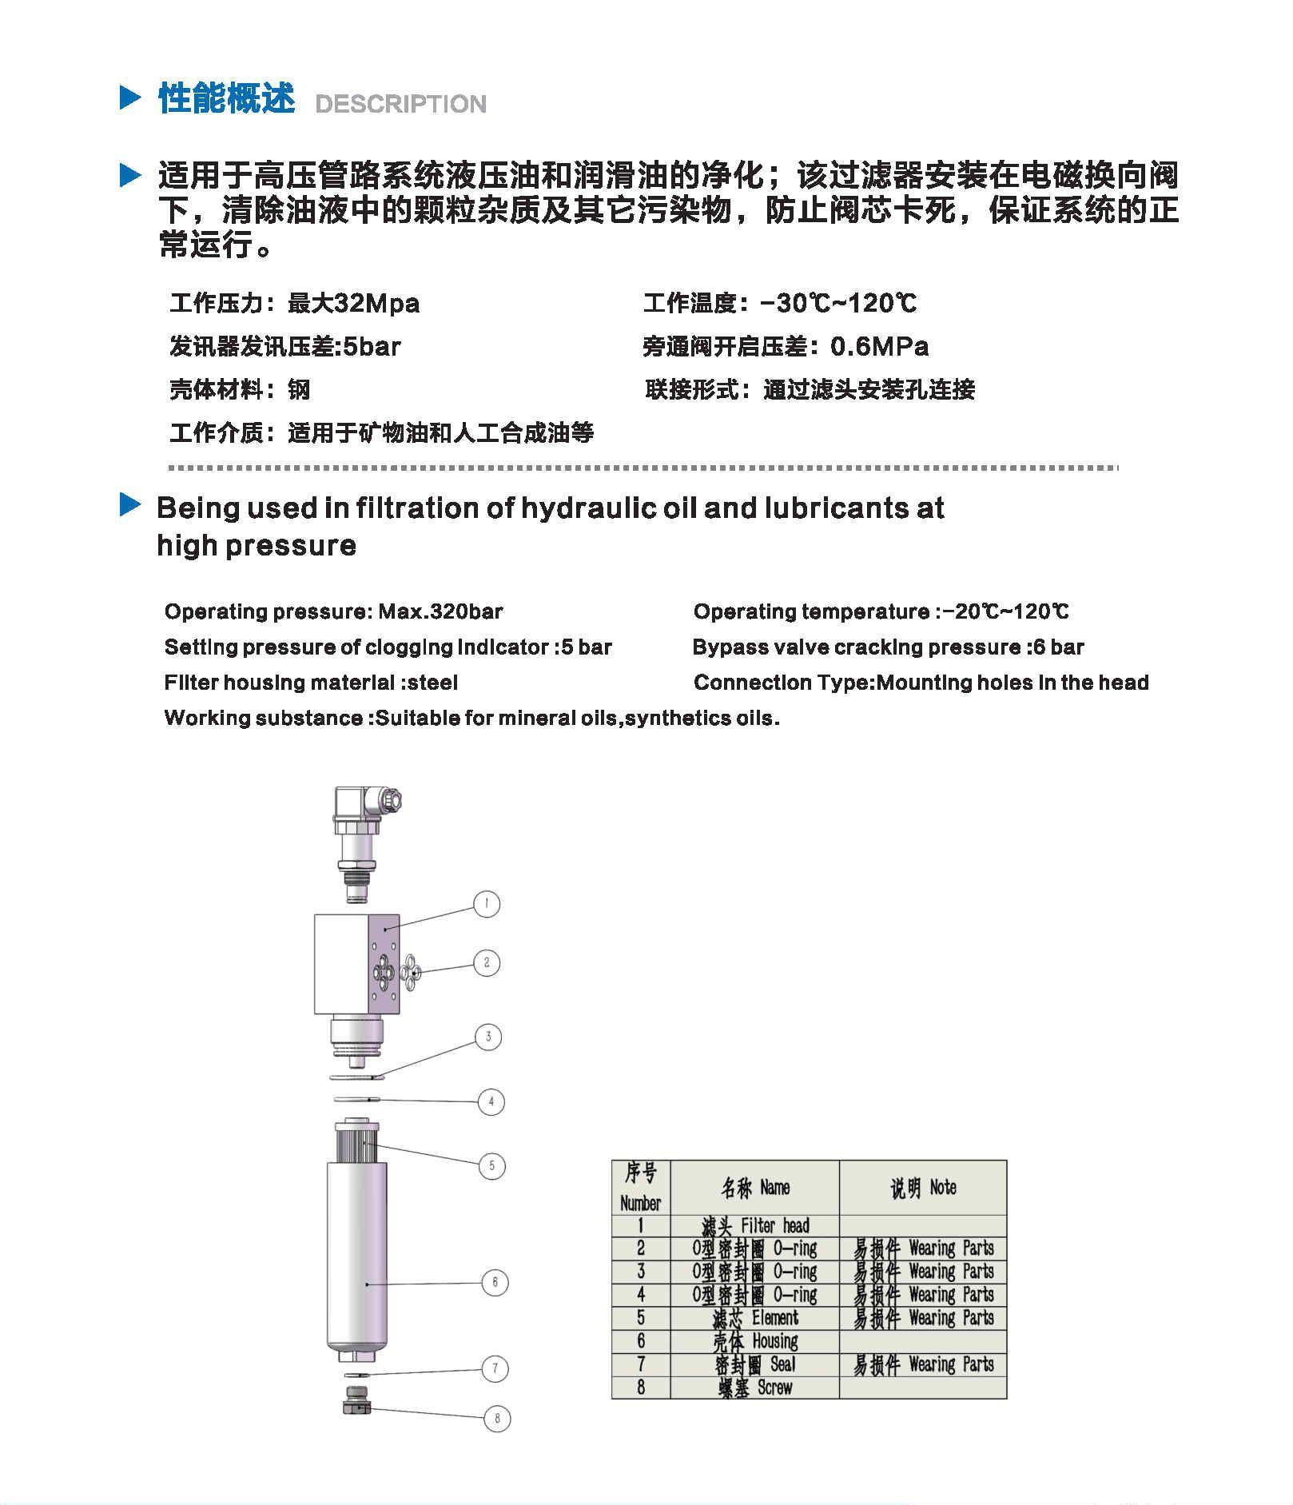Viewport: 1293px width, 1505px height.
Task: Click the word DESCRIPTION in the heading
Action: coord(400,104)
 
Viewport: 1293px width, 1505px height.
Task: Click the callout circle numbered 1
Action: coord(487,904)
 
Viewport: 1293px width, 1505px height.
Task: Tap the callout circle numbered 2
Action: coord(487,962)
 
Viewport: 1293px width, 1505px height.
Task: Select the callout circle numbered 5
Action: coord(491,1165)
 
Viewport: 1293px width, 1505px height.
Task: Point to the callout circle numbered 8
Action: coord(497,1419)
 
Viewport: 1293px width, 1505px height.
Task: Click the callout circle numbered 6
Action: coord(495,1283)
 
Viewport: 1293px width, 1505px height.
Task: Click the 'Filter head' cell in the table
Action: coord(754,1225)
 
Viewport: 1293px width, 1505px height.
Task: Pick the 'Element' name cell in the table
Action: coord(754,1318)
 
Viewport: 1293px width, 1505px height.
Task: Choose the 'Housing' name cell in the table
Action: coord(754,1341)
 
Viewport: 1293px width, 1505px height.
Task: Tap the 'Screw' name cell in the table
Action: coord(754,1388)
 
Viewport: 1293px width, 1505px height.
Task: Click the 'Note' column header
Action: coord(923,1188)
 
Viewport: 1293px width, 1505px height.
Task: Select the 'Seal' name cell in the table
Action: coord(754,1364)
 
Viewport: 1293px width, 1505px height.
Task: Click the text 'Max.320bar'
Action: coord(440,612)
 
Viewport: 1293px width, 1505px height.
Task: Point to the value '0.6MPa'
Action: coord(879,347)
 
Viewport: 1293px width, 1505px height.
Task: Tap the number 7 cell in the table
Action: coord(640,1364)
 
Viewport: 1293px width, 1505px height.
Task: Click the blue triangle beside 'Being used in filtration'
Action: coord(129,504)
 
